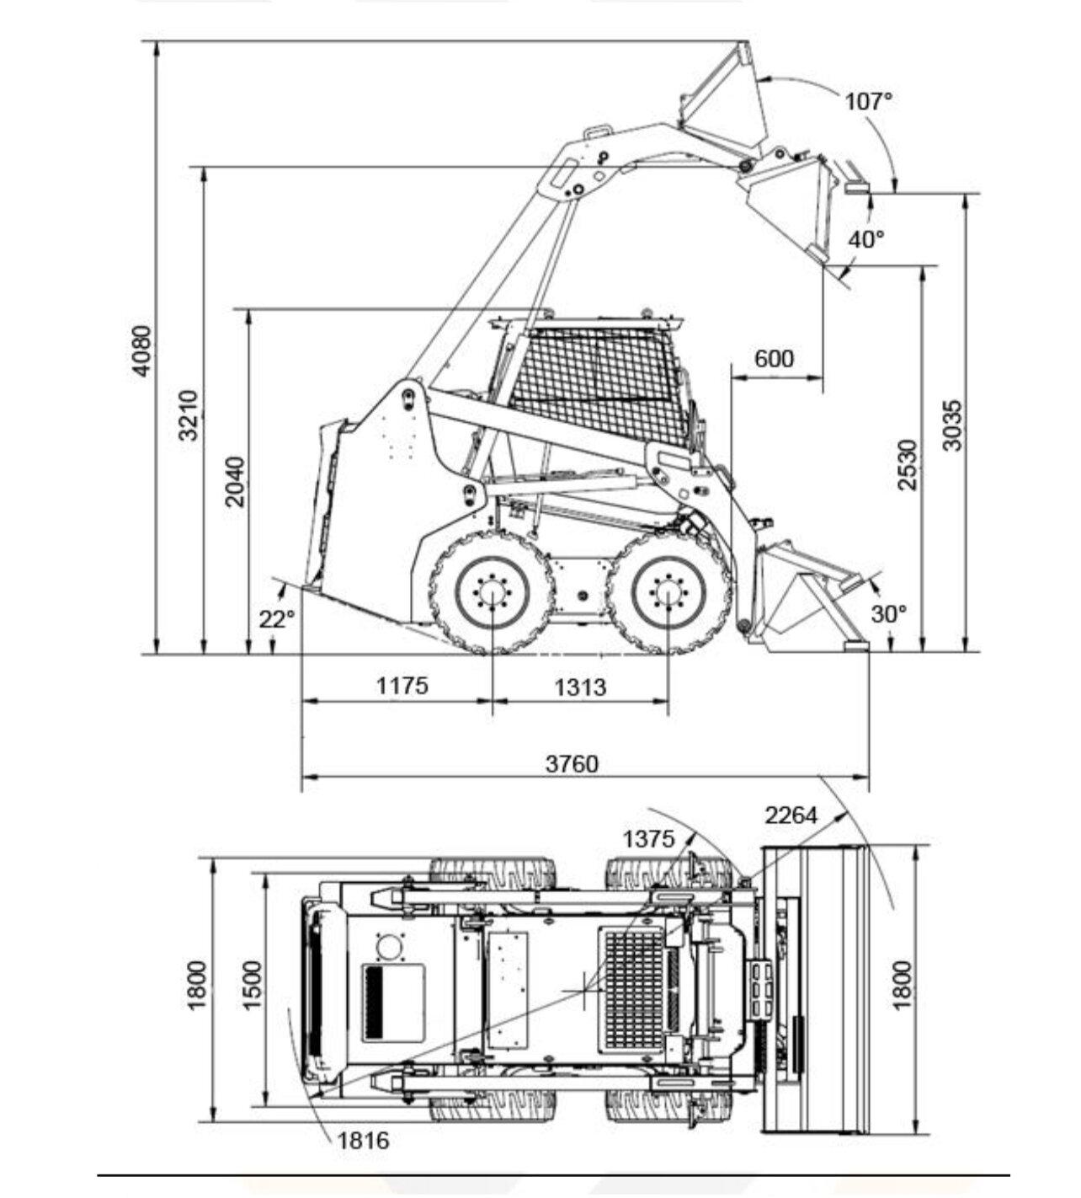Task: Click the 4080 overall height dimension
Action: point(142,351)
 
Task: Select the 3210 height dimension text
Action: point(189,415)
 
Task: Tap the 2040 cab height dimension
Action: point(235,482)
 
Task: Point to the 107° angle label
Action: point(869,102)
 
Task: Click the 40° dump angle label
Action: point(866,239)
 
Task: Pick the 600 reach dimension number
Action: point(775,358)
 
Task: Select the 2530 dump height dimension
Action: point(908,465)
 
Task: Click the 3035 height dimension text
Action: point(953,425)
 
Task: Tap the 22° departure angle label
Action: point(276,618)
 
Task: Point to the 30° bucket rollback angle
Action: point(889,613)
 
